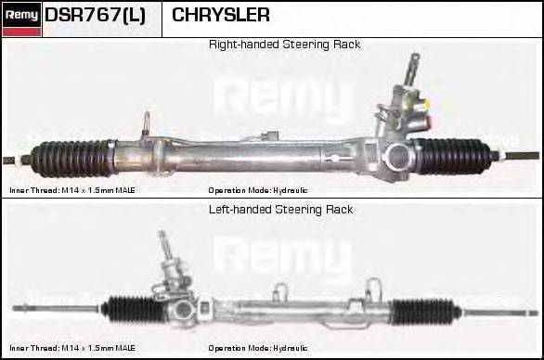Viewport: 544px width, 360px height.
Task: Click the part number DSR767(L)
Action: pyautogui.click(x=95, y=16)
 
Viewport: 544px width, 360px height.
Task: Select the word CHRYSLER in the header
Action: pyautogui.click(x=221, y=16)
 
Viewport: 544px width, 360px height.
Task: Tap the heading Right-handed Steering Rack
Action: pyautogui.click(x=284, y=45)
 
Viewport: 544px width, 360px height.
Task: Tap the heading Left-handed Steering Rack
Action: pyautogui.click(x=280, y=210)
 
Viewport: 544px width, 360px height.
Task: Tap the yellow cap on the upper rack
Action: pyautogui.click(x=426, y=120)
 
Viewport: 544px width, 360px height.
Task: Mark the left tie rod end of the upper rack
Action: pyautogui.click(x=19, y=158)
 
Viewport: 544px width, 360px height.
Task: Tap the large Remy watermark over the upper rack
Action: pyautogui.click(x=283, y=97)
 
